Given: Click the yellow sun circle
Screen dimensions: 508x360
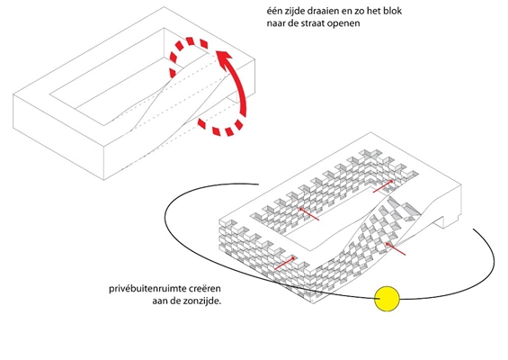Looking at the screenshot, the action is point(387,299).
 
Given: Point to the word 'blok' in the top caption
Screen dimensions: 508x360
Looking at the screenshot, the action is point(393,11).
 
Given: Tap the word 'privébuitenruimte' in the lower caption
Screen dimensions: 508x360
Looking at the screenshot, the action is point(147,289).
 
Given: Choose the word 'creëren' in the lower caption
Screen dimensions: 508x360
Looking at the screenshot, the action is point(204,288).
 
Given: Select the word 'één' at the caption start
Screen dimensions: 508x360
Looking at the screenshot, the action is point(273,11).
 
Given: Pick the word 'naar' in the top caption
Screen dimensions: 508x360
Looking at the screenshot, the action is point(275,23).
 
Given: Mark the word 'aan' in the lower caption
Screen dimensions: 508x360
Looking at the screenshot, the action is point(159,301).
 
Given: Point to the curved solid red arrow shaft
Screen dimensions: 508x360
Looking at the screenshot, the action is point(240,87).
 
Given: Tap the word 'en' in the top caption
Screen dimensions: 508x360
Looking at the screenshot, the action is point(346,12).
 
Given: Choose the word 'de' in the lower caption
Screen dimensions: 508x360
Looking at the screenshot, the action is point(174,301).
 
